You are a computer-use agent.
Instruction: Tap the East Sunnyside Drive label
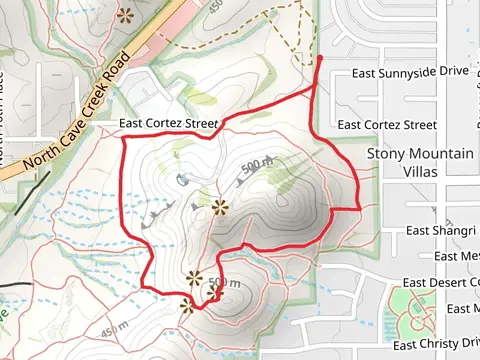pyautogui.click(x=411, y=73)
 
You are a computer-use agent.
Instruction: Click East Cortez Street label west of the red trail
pyautogui.click(x=168, y=124)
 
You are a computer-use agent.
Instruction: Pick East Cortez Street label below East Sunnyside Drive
pyautogui.click(x=387, y=125)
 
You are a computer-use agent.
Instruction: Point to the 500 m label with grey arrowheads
pyautogui.click(x=256, y=164)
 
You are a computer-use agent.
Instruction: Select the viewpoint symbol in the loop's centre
pyautogui.click(x=220, y=207)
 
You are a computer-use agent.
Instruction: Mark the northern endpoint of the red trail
pyautogui.click(x=320, y=59)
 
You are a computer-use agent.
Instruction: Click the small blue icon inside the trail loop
pyautogui.click(x=183, y=179)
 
